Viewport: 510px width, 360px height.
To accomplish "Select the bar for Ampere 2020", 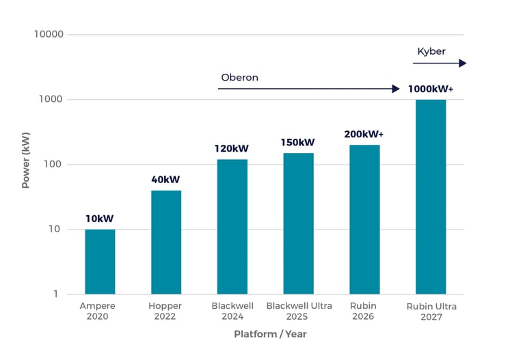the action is click(x=100, y=262).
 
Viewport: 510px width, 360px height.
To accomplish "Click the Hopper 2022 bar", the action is click(x=166, y=243).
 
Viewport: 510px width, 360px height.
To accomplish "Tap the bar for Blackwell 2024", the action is click(x=232, y=227).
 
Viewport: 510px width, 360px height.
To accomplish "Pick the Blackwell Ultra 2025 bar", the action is click(x=299, y=223).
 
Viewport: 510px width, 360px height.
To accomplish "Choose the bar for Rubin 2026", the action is click(x=364, y=220).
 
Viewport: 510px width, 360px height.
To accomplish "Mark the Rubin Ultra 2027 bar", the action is click(x=431, y=197).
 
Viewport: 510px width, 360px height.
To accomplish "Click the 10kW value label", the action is click(x=100, y=219).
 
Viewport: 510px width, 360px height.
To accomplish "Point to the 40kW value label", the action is click(x=165, y=180).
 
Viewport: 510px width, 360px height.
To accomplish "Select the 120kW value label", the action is click(x=232, y=148).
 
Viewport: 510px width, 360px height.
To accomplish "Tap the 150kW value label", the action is click(x=298, y=142).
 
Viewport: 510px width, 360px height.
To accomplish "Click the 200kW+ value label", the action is click(x=364, y=134).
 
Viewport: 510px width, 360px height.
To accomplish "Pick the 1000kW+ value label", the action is click(x=431, y=89).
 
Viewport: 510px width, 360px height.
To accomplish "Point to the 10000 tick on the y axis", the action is click(x=49, y=34).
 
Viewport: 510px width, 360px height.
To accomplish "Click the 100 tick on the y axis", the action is click(x=53, y=164).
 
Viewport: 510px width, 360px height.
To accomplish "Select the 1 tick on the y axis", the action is click(x=56, y=294).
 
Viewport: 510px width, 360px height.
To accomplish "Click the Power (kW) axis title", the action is click(x=26, y=160).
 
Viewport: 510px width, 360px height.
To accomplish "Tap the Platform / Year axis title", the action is click(x=270, y=334).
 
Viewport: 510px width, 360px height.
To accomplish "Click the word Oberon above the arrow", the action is click(x=240, y=77).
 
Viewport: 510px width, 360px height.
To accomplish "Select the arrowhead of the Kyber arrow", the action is click(x=463, y=63).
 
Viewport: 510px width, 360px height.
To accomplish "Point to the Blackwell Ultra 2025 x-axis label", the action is click(x=299, y=311).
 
